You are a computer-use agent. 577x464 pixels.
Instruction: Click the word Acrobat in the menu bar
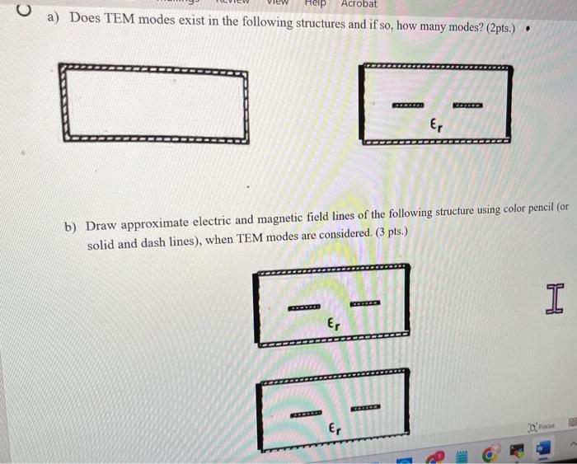point(359,4)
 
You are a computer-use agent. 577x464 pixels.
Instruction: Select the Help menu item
point(315,3)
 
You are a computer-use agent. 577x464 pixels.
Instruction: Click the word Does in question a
point(85,18)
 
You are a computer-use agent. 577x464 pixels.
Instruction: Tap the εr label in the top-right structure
point(436,125)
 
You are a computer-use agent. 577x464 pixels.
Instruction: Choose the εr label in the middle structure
point(333,325)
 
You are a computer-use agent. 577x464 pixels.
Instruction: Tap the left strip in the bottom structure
point(307,412)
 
